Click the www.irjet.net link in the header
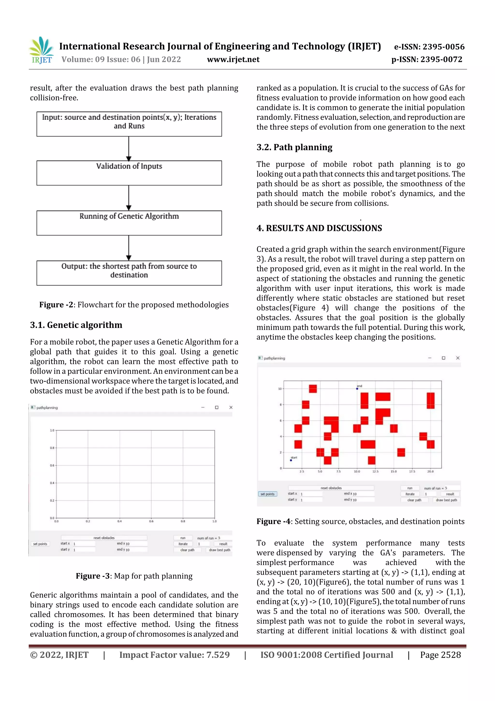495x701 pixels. click(x=233, y=60)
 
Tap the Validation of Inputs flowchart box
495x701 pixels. click(x=129, y=173)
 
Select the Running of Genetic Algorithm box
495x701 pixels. click(x=129, y=223)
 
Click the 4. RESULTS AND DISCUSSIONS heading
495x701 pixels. click(x=319, y=228)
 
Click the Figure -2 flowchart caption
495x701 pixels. click(x=134, y=305)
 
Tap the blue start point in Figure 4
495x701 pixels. click(x=291, y=460)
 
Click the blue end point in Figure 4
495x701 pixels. click(x=357, y=389)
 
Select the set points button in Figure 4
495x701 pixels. click(x=268, y=494)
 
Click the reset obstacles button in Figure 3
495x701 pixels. click(x=104, y=538)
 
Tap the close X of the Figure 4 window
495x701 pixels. click(x=458, y=358)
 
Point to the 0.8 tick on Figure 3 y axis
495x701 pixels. click(x=52, y=448)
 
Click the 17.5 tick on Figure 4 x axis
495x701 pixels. click(x=412, y=471)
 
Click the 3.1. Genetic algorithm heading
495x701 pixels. click(x=76, y=325)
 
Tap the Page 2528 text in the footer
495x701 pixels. click(x=440, y=655)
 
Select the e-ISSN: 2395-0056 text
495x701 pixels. click(x=429, y=47)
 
